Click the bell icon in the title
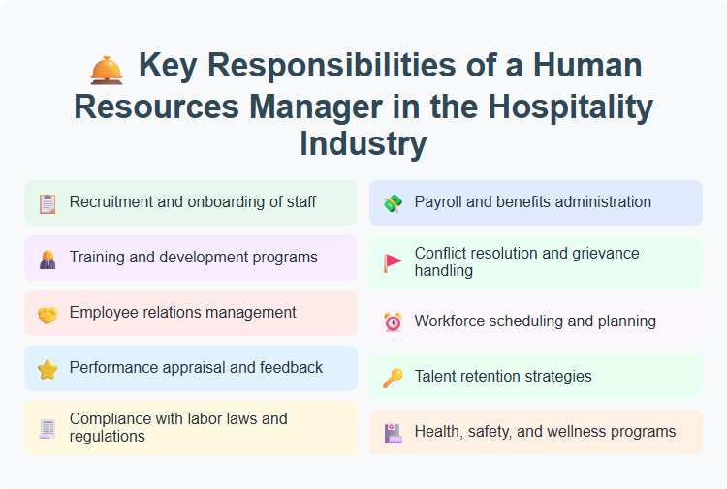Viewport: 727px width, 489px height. click(106, 69)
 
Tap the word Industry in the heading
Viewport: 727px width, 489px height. click(363, 143)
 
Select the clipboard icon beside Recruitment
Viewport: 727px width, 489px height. click(47, 203)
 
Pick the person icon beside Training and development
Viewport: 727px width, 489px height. click(47, 259)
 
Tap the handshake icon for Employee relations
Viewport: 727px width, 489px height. click(47, 314)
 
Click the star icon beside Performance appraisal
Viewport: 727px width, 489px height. click(47, 369)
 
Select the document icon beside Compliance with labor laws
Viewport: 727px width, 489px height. click(47, 428)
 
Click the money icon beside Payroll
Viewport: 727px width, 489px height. click(392, 203)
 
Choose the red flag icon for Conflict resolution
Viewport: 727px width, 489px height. click(392, 262)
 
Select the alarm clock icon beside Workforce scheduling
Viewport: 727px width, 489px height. click(392, 321)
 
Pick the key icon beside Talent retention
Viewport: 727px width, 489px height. click(392, 377)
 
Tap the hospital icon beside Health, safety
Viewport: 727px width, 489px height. click(392, 432)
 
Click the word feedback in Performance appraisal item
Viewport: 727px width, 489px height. click(288, 368)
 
